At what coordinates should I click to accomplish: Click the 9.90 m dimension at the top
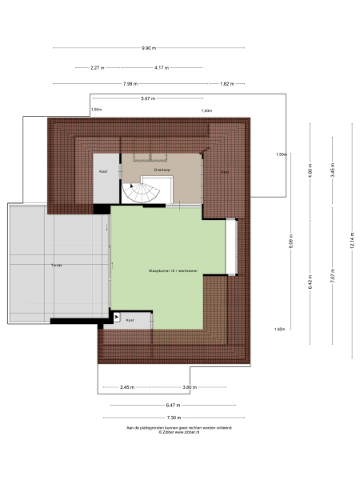click(x=148, y=48)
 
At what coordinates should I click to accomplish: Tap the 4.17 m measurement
click(x=162, y=67)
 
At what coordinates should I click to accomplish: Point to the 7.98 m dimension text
click(x=130, y=83)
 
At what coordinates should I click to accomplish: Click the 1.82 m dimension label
click(x=226, y=83)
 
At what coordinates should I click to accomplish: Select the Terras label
click(x=56, y=264)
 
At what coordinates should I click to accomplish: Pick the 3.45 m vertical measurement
click(x=331, y=170)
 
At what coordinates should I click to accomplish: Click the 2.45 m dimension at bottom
click(x=126, y=387)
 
